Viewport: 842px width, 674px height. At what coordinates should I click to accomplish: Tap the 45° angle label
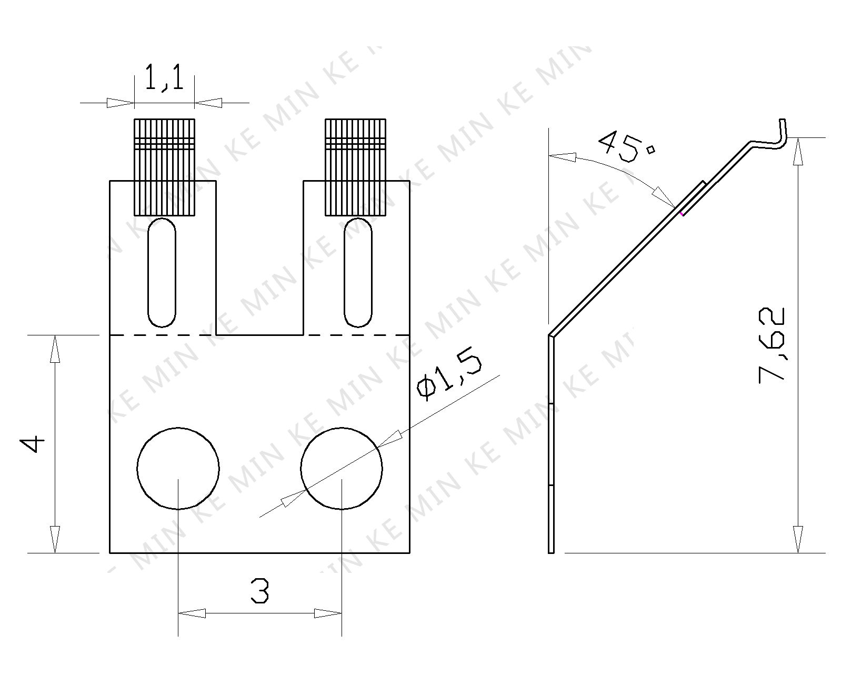click(x=627, y=147)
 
